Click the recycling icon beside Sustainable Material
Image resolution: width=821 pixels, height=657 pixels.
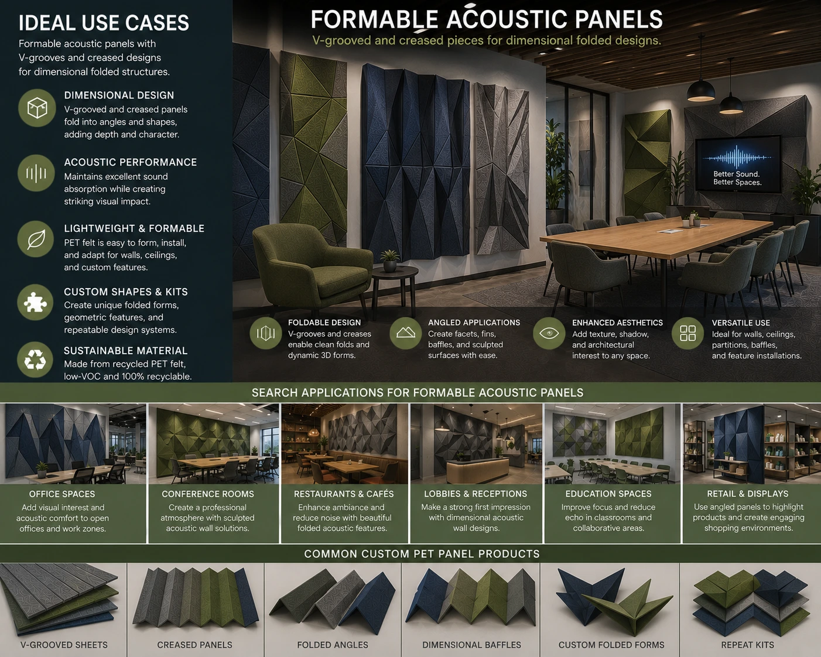pyautogui.click(x=36, y=360)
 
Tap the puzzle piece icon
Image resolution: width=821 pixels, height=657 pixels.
pyautogui.click(x=36, y=303)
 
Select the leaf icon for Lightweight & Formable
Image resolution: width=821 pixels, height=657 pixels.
pyautogui.click(x=36, y=239)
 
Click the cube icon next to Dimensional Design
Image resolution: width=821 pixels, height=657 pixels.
pyautogui.click(x=37, y=108)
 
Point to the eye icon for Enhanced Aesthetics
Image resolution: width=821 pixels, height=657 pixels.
pyautogui.click(x=549, y=333)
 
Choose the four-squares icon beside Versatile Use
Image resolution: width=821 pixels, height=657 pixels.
pyautogui.click(x=688, y=333)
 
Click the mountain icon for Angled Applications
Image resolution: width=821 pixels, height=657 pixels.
pyautogui.click(x=406, y=333)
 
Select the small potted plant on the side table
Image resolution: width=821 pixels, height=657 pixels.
pyautogui.click(x=390, y=261)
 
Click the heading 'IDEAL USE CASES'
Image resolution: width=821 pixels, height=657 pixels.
pyautogui.click(x=104, y=23)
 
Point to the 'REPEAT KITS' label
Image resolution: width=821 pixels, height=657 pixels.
pyautogui.click(x=747, y=645)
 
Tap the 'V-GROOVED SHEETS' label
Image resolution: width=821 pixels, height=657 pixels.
pyautogui.click(x=64, y=645)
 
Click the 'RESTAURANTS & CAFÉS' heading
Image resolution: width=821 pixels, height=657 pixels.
pyautogui.click(x=343, y=494)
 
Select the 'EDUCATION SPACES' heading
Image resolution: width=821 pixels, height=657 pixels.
pyautogui.click(x=608, y=494)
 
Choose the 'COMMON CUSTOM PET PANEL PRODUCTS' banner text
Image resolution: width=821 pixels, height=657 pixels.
pyautogui.click(x=422, y=554)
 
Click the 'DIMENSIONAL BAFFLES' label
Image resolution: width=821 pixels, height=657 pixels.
pyautogui.click(x=471, y=645)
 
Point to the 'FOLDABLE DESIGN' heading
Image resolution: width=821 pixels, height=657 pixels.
pyautogui.click(x=324, y=323)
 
